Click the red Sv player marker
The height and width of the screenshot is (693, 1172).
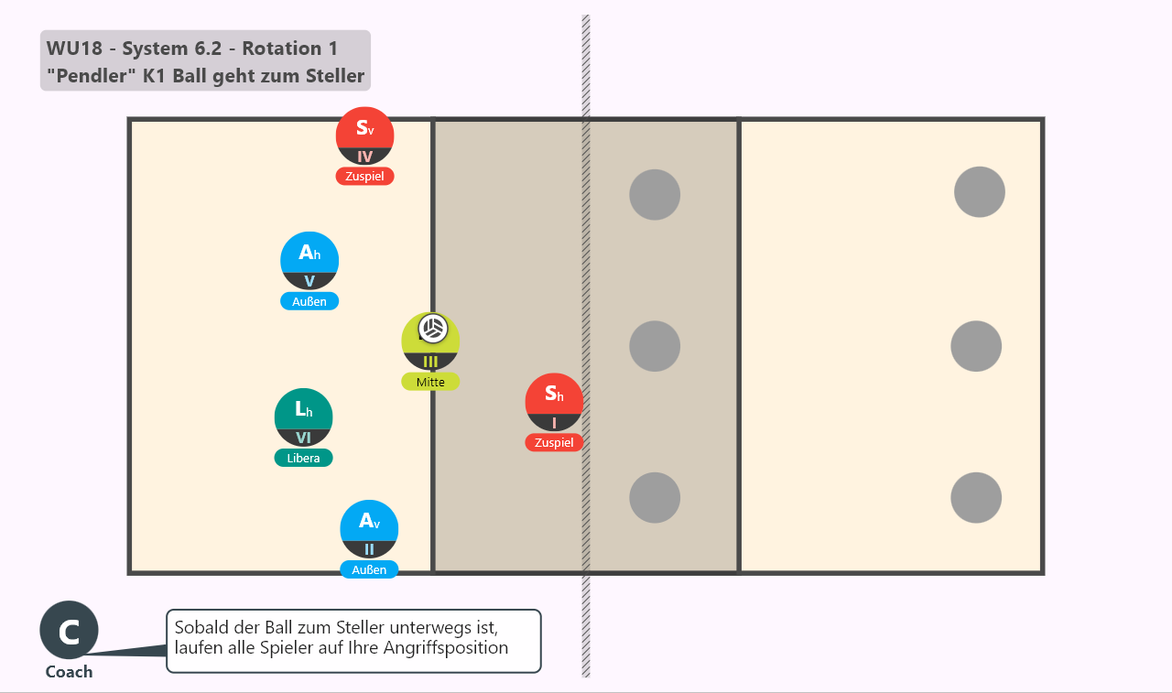coord(364,136)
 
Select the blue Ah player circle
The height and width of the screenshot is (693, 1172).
coord(309,261)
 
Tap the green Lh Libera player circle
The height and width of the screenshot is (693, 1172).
coord(303,417)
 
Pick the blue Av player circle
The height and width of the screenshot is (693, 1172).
coord(369,529)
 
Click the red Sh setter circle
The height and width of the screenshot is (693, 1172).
coord(554,402)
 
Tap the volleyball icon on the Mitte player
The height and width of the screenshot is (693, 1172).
coord(433,329)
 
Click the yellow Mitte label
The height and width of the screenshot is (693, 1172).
coord(430,382)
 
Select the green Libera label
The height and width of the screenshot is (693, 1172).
coord(303,458)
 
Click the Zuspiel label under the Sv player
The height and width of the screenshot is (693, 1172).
coord(364,177)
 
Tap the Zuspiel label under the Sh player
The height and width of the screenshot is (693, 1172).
coord(554,442)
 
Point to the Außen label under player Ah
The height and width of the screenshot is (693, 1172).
coord(309,301)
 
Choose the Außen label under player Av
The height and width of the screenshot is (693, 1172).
coord(369,569)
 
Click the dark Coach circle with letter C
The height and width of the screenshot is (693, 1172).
coord(69,630)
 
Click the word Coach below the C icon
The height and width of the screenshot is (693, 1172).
coord(69,672)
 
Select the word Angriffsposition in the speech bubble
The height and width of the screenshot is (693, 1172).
coord(446,648)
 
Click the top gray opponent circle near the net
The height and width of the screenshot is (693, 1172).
coord(655,195)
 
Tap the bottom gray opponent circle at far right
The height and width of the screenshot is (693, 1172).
coord(976,497)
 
